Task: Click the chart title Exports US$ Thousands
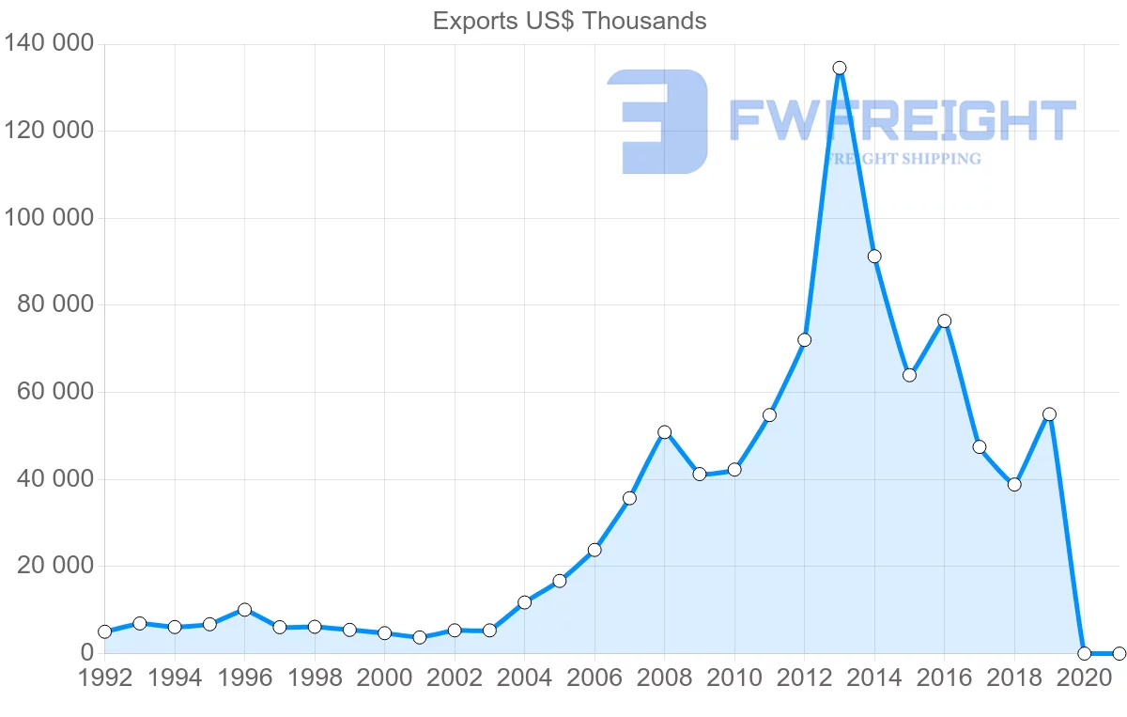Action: [x=569, y=21]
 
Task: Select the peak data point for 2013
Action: [x=840, y=68]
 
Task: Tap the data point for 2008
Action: [x=665, y=432]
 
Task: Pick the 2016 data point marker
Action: [x=945, y=321]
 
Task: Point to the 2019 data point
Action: [x=1050, y=414]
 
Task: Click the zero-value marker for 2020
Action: [x=1085, y=653]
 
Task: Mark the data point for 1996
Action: [x=245, y=610]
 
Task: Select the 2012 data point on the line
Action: [x=805, y=340]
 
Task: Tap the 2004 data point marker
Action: [x=525, y=602]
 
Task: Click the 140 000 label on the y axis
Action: [x=50, y=43]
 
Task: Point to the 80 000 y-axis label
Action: [x=55, y=304]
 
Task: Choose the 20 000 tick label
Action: [x=55, y=566]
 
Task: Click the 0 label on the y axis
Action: [x=87, y=652]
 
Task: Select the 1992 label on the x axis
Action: [x=105, y=678]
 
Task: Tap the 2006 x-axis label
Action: [x=594, y=678]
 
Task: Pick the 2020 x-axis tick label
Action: [x=1084, y=678]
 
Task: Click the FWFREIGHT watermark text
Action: [x=902, y=120]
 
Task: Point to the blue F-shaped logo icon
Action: [x=657, y=121]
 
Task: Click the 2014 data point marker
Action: [x=874, y=257]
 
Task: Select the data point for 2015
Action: [x=909, y=375]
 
